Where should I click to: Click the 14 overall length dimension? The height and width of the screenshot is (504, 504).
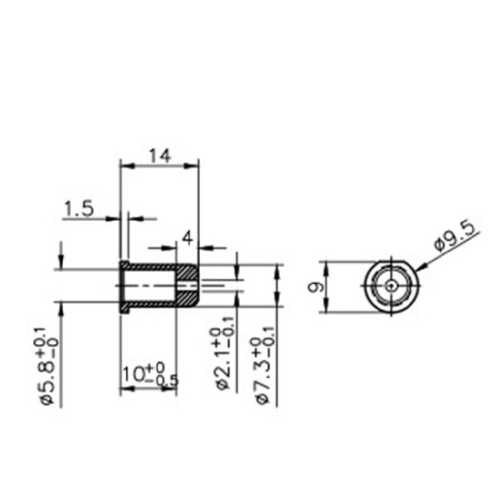point(160,156)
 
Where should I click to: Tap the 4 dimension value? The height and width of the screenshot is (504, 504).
point(187,238)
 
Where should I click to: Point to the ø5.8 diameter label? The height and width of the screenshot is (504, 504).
point(50,367)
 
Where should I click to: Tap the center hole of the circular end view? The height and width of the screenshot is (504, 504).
point(391,285)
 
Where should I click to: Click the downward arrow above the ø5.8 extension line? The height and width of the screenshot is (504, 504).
point(61,261)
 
